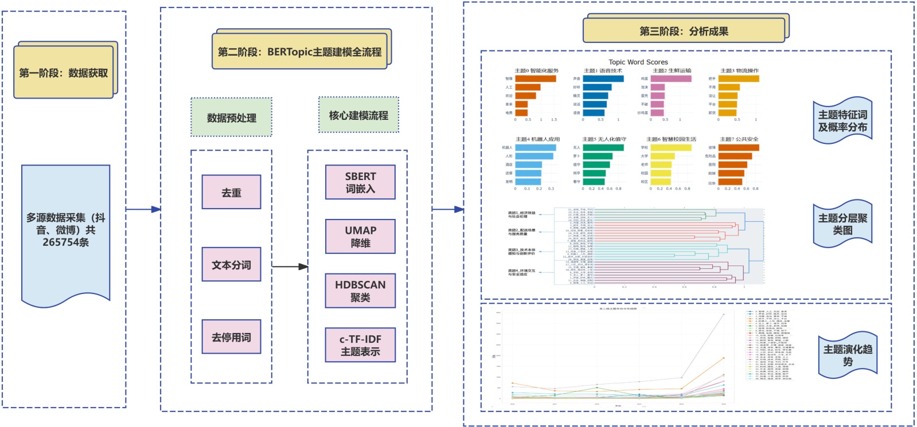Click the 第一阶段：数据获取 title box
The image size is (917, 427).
pos(64,73)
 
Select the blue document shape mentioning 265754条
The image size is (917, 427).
pos(66,230)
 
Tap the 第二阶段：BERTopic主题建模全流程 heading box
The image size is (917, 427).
pos(299,52)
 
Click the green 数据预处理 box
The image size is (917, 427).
pos(232,117)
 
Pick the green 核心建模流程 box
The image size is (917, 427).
pos(358,115)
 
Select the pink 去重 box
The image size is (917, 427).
pos(232,193)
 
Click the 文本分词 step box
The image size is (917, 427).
pos(232,265)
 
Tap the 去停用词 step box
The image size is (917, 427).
pos(232,337)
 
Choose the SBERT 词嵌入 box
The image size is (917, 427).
pos(360,182)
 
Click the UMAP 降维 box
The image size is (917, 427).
pos(360,236)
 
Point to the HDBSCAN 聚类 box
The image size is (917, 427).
pos(360,291)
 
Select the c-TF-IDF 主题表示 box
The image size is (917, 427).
pos(360,345)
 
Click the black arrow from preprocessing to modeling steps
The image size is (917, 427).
pos(290,267)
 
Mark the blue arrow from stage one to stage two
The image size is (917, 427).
pos(143,209)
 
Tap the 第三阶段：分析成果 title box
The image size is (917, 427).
pos(684,31)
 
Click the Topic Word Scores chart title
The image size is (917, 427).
pos(638,62)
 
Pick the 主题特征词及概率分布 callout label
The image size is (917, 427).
pos(842,121)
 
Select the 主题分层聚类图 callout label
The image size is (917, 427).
pos(842,224)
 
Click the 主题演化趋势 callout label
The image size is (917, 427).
pos(848,355)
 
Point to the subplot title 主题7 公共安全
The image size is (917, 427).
pos(739,139)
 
